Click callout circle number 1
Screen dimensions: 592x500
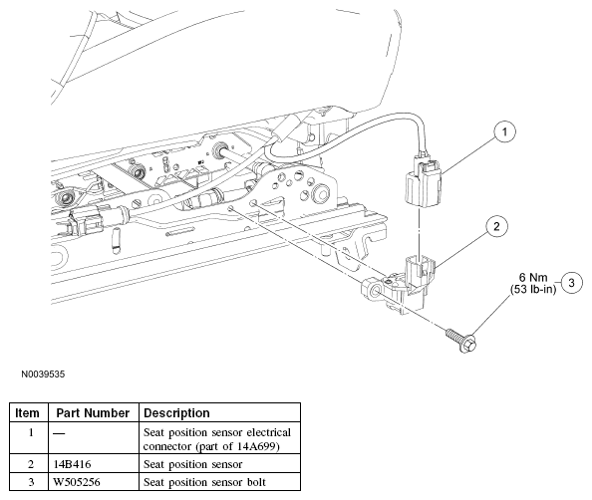click(504, 131)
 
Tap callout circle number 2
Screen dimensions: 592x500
click(496, 226)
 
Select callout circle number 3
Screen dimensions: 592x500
click(571, 283)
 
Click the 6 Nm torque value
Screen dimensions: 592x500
click(533, 277)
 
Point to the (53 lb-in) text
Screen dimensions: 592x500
click(533, 290)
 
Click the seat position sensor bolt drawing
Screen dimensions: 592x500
click(461, 340)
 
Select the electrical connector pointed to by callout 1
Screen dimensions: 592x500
click(423, 181)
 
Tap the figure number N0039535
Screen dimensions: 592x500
click(43, 375)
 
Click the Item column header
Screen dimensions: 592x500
click(27, 412)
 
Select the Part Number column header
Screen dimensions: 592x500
click(93, 412)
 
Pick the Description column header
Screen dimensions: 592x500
click(176, 412)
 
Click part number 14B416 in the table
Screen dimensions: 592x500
click(72, 464)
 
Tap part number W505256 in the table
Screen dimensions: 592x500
click(77, 482)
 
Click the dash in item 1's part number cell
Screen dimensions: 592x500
click(59, 433)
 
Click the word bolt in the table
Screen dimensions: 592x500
click(257, 482)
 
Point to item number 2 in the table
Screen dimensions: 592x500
click(31, 464)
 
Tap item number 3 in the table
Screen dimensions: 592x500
click(31, 482)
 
